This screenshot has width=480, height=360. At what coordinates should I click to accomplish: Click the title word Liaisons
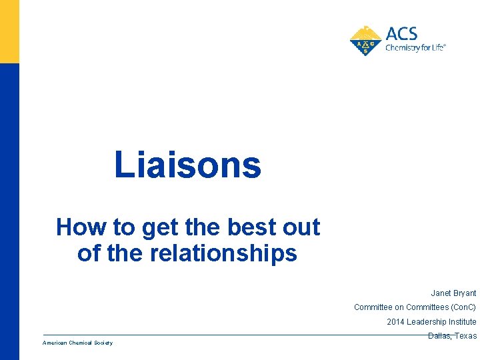coord(187,165)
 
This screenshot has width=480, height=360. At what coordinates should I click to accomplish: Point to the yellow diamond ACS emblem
coord(365,41)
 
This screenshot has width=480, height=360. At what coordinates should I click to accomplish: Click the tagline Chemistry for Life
coord(415,48)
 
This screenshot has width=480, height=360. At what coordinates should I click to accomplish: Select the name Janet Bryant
coord(453,293)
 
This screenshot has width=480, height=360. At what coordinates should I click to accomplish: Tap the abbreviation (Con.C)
coord(463,307)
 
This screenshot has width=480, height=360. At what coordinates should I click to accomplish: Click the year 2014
coord(395,322)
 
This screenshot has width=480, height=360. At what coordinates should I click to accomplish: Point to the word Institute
coord(461,322)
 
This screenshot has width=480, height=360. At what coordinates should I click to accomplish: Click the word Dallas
coord(439,336)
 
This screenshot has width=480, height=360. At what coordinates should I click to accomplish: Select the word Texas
coord(466,336)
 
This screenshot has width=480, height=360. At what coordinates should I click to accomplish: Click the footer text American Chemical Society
coord(77,343)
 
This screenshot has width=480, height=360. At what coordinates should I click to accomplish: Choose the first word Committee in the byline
coord(373,307)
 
